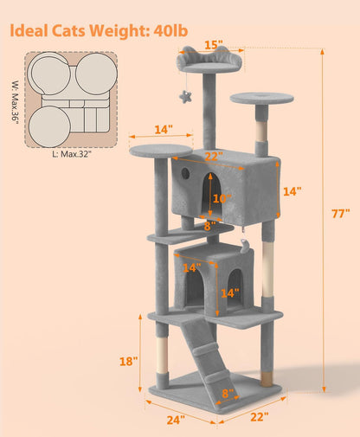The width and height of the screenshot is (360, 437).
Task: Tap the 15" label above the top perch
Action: [213, 45]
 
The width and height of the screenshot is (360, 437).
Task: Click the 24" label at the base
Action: [176, 421]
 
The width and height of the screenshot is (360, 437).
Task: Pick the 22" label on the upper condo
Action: [214, 157]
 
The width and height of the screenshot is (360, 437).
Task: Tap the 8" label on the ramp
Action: [228, 394]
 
